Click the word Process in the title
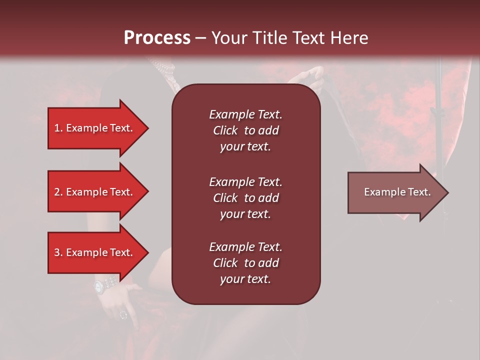click(157, 38)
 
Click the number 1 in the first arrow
click(57, 128)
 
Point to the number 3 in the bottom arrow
click(57, 252)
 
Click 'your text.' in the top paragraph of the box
click(245, 146)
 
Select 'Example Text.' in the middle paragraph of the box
click(245, 182)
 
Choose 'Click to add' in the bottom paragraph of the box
click(245, 263)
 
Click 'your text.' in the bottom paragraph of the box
click(245, 279)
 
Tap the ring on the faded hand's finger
click(123, 314)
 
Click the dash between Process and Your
click(200, 38)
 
